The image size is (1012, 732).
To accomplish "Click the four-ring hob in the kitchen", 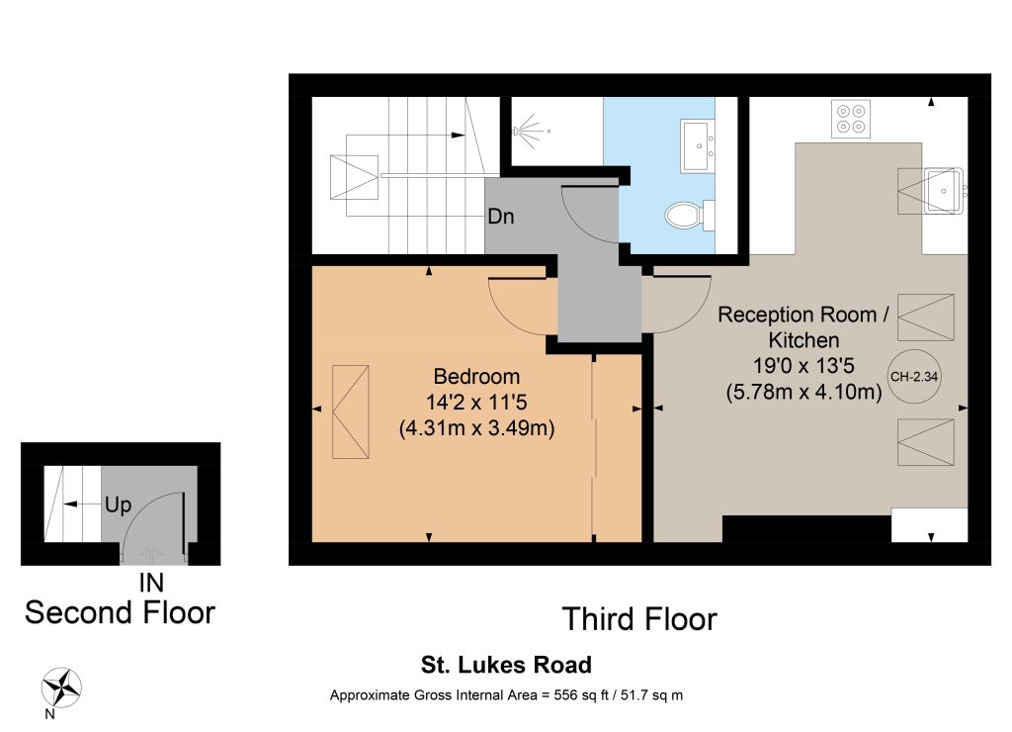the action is [851, 119].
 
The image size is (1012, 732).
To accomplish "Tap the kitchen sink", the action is [944, 191].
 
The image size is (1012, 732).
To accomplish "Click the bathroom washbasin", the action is [697, 146].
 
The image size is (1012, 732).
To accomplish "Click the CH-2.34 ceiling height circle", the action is [914, 377].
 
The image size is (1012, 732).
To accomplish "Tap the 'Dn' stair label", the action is [501, 216].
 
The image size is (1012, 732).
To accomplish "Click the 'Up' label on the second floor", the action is [119, 504].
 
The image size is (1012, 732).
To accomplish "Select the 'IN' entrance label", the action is [151, 583].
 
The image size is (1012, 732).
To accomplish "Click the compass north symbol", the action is [61, 688].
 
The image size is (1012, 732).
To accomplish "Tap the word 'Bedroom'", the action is [476, 376].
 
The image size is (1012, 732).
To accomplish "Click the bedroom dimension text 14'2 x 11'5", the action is [476, 403].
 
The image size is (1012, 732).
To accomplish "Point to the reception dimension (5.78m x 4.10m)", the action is [803, 392].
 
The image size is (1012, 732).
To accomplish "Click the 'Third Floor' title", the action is [639, 619].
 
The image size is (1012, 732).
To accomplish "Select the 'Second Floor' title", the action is [120, 612].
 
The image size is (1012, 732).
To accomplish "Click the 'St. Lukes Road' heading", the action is [506, 665].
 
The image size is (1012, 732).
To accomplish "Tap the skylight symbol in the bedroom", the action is [351, 412].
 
